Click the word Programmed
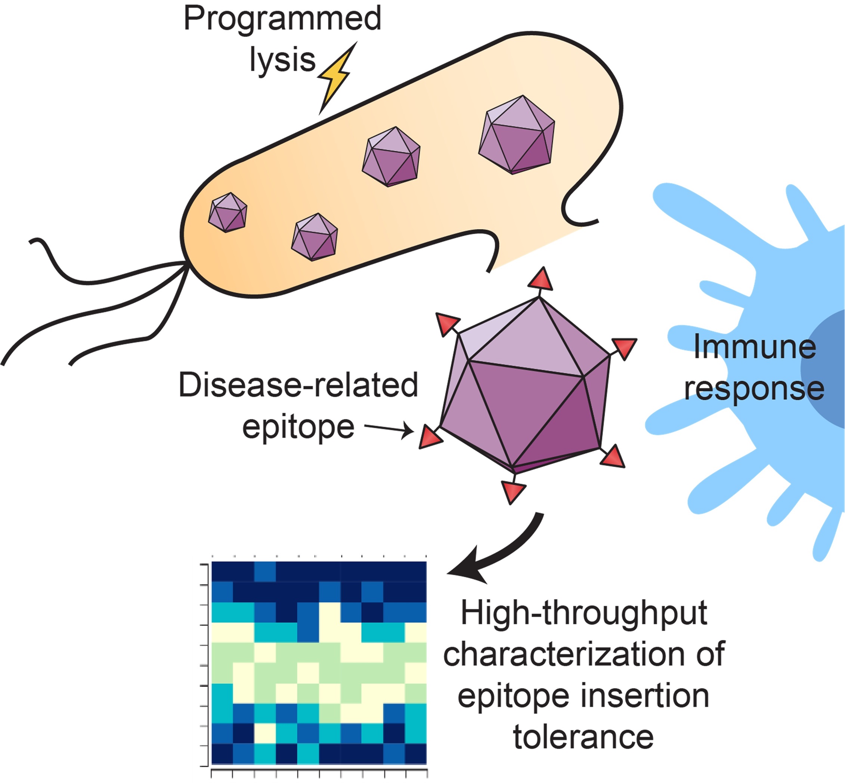point(282,19)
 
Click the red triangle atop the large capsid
point(541,280)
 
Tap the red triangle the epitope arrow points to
point(430,437)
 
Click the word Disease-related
point(298,385)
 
